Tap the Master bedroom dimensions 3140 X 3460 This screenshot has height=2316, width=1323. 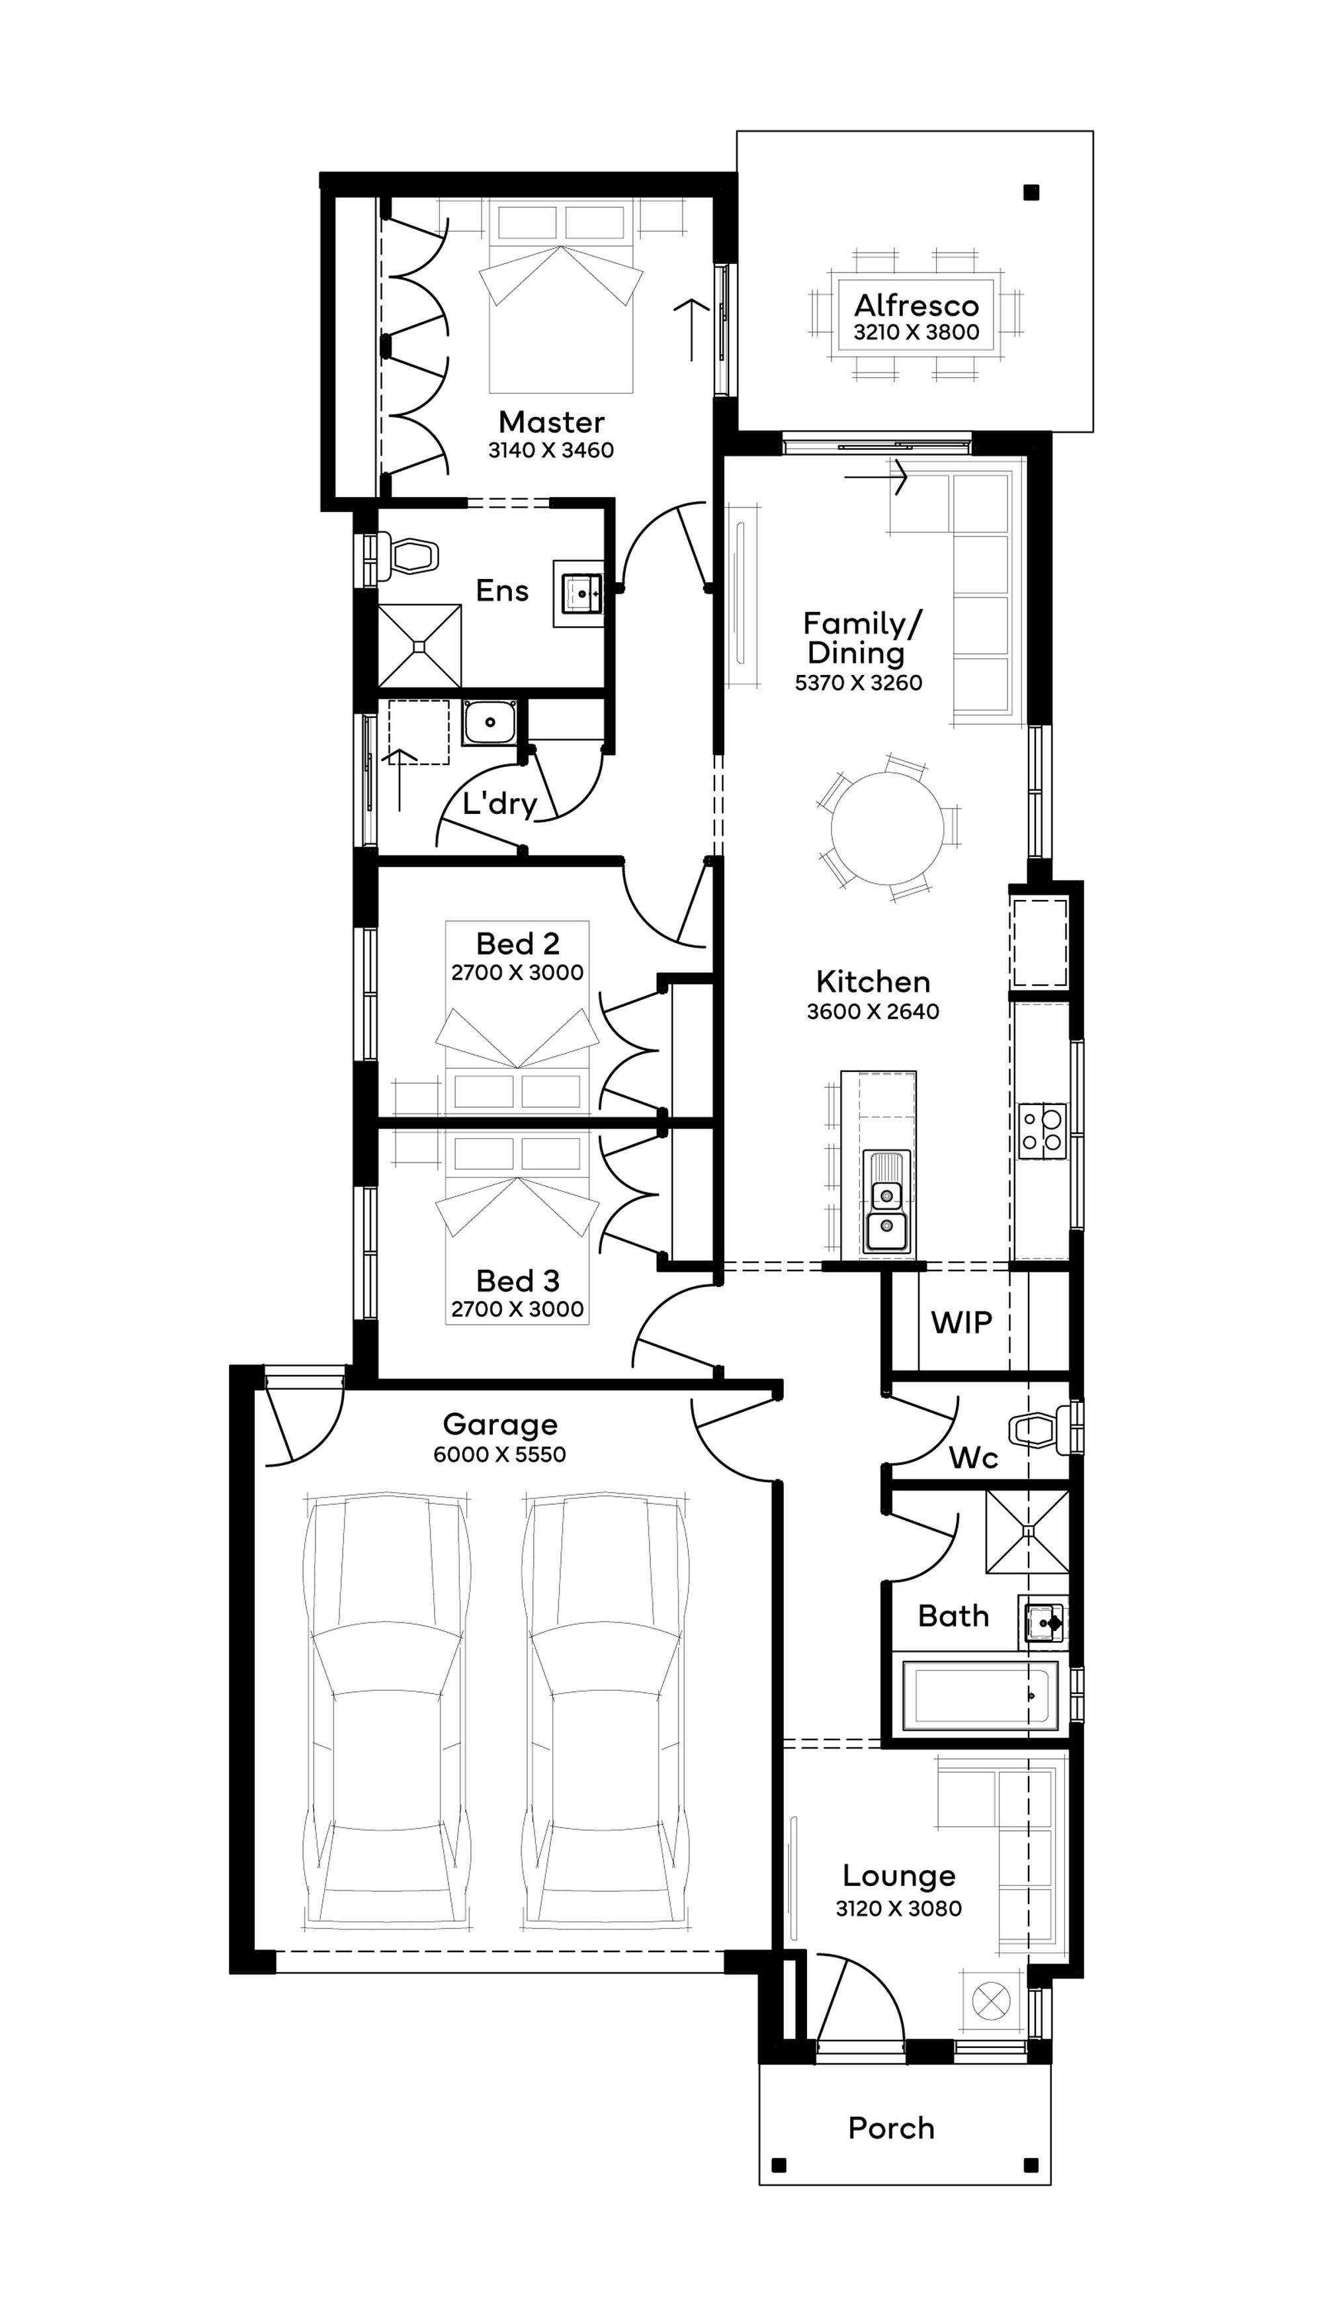pyautogui.click(x=550, y=450)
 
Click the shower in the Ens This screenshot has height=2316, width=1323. pyautogui.click(x=419, y=645)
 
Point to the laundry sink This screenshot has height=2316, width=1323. pyautogui.click(x=490, y=723)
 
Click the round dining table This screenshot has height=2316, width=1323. pyautogui.click(x=887, y=828)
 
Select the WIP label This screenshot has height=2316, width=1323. pyautogui.click(x=961, y=1323)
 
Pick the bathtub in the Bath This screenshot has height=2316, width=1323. pyautogui.click(x=980, y=1695)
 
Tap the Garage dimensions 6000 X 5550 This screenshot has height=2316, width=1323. pyautogui.click(x=499, y=1454)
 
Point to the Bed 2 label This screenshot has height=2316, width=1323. pyautogui.click(x=518, y=944)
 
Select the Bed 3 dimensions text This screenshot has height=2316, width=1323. pyautogui.click(x=518, y=1309)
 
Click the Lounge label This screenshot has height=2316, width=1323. pyautogui.click(x=899, y=1875)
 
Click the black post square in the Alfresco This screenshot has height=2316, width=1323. pyautogui.click(x=1031, y=192)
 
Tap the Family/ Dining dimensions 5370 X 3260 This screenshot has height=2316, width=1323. pyautogui.click(x=859, y=683)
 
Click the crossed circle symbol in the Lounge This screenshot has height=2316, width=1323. pyautogui.click(x=992, y=2000)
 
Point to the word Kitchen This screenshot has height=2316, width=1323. pyautogui.click(x=873, y=982)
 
